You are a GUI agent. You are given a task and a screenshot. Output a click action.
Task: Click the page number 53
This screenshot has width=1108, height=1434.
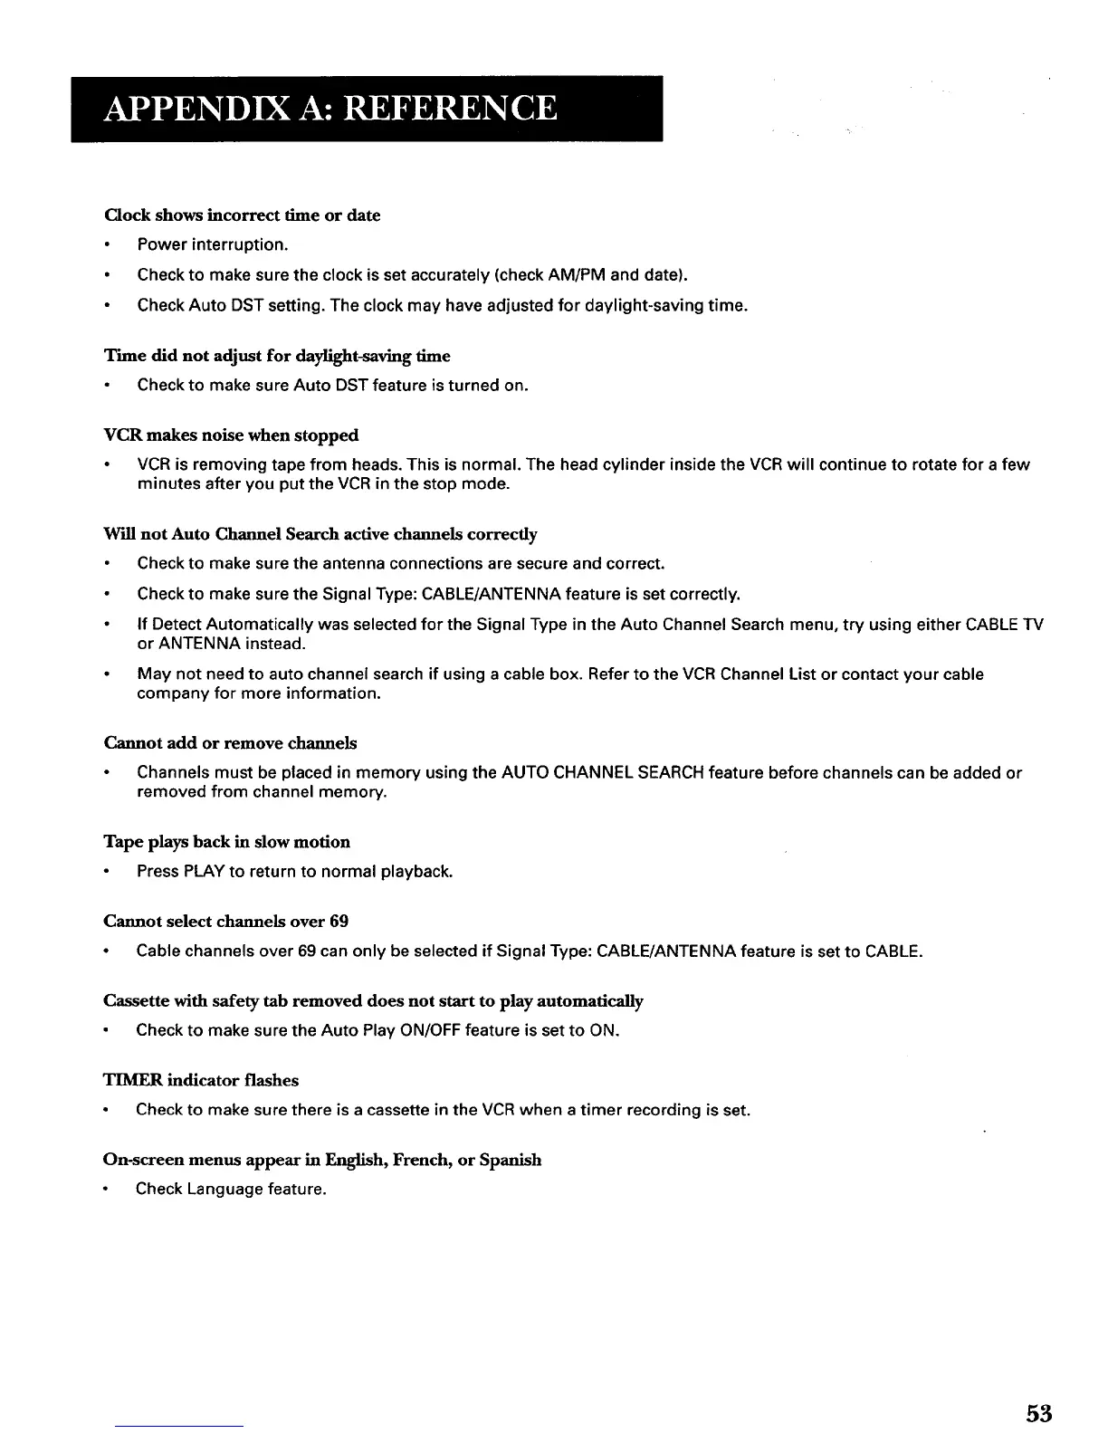(x=1039, y=1412)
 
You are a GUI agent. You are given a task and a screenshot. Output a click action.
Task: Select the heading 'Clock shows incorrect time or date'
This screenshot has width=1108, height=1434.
(x=242, y=215)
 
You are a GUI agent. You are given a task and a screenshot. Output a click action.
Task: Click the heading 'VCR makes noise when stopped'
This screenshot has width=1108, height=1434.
(x=231, y=435)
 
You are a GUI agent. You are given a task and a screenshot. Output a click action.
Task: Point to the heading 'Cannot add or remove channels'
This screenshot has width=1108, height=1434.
(x=230, y=743)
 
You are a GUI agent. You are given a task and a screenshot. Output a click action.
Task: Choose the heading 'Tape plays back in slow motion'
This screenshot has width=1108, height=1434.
(x=226, y=842)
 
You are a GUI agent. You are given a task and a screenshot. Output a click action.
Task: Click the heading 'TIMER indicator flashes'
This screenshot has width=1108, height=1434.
(x=201, y=1080)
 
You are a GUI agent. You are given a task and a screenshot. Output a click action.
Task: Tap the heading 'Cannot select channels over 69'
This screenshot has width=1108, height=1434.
(x=225, y=922)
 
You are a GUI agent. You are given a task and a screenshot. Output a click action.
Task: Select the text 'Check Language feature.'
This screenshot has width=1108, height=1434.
(x=231, y=1190)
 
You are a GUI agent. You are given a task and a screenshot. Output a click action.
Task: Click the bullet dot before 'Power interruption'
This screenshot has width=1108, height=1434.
(x=108, y=245)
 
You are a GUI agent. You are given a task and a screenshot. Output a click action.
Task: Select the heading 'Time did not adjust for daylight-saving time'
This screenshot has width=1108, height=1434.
(x=277, y=356)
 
